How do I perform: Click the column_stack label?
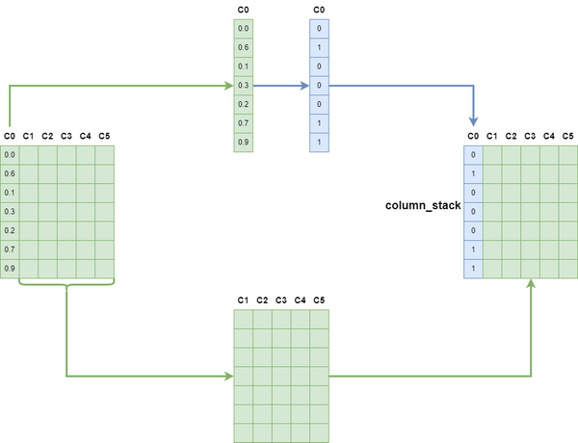423,206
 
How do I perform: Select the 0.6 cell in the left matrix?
10,173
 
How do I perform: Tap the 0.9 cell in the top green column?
243,143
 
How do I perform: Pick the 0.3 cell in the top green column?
243,86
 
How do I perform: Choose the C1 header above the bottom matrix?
243,301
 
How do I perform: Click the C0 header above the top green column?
243,10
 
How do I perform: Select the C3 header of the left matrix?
66,136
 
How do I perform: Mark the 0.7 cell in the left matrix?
10,249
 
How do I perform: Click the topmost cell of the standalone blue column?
319,29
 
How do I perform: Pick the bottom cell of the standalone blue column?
319,143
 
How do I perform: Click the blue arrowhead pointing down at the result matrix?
473,122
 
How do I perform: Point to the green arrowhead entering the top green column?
227,86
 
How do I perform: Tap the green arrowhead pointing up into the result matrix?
531,285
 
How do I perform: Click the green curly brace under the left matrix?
66,283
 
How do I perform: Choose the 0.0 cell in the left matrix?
10,154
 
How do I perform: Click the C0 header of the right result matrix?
473,136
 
